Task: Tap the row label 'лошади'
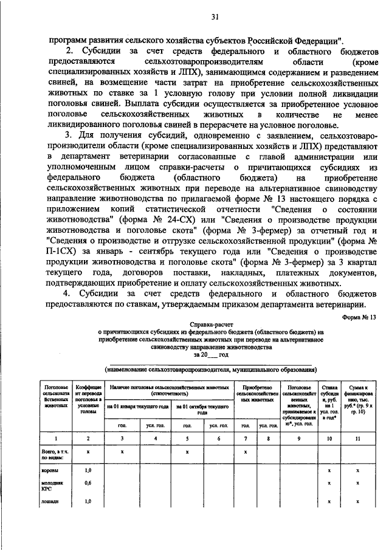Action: point(50,501)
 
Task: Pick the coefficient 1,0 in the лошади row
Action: point(88,501)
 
